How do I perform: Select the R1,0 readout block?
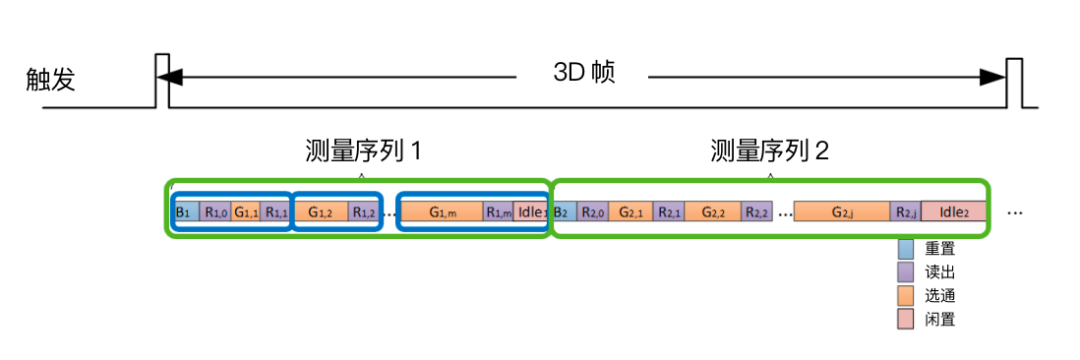(x=216, y=212)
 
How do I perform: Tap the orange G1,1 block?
(x=246, y=212)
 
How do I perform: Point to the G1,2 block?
(x=321, y=212)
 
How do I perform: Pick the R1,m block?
(x=499, y=212)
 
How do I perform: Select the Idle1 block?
(x=532, y=212)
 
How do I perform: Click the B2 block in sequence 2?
(x=562, y=212)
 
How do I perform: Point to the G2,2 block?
(x=713, y=212)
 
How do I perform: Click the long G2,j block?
(x=843, y=212)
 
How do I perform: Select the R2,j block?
(x=906, y=212)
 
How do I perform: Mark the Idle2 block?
(x=953, y=212)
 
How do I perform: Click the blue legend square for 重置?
(x=906, y=248)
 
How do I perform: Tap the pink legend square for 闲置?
(x=906, y=319)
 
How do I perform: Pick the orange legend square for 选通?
(x=906, y=295)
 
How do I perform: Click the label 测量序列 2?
(x=769, y=151)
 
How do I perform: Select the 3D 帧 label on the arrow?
(x=584, y=73)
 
